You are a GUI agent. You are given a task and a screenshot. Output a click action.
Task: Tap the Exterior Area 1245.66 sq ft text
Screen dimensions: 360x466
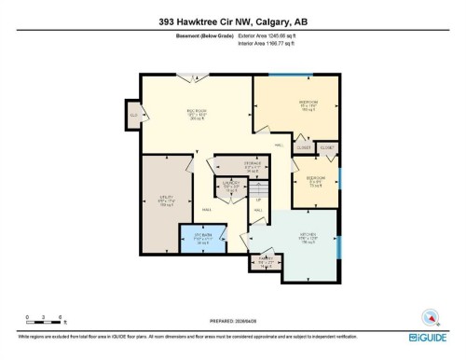[x=273, y=35]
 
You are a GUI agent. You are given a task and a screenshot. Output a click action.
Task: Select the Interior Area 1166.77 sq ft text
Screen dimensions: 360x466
[x=273, y=43]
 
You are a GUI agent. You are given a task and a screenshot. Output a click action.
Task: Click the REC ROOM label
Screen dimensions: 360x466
[x=196, y=116]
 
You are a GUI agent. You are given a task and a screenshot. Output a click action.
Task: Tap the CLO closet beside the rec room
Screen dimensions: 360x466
[x=133, y=116]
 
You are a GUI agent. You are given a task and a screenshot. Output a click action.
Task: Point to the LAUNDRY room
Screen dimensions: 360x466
[x=233, y=188]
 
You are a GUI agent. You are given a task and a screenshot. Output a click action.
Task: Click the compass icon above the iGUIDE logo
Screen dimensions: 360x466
[x=431, y=316]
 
